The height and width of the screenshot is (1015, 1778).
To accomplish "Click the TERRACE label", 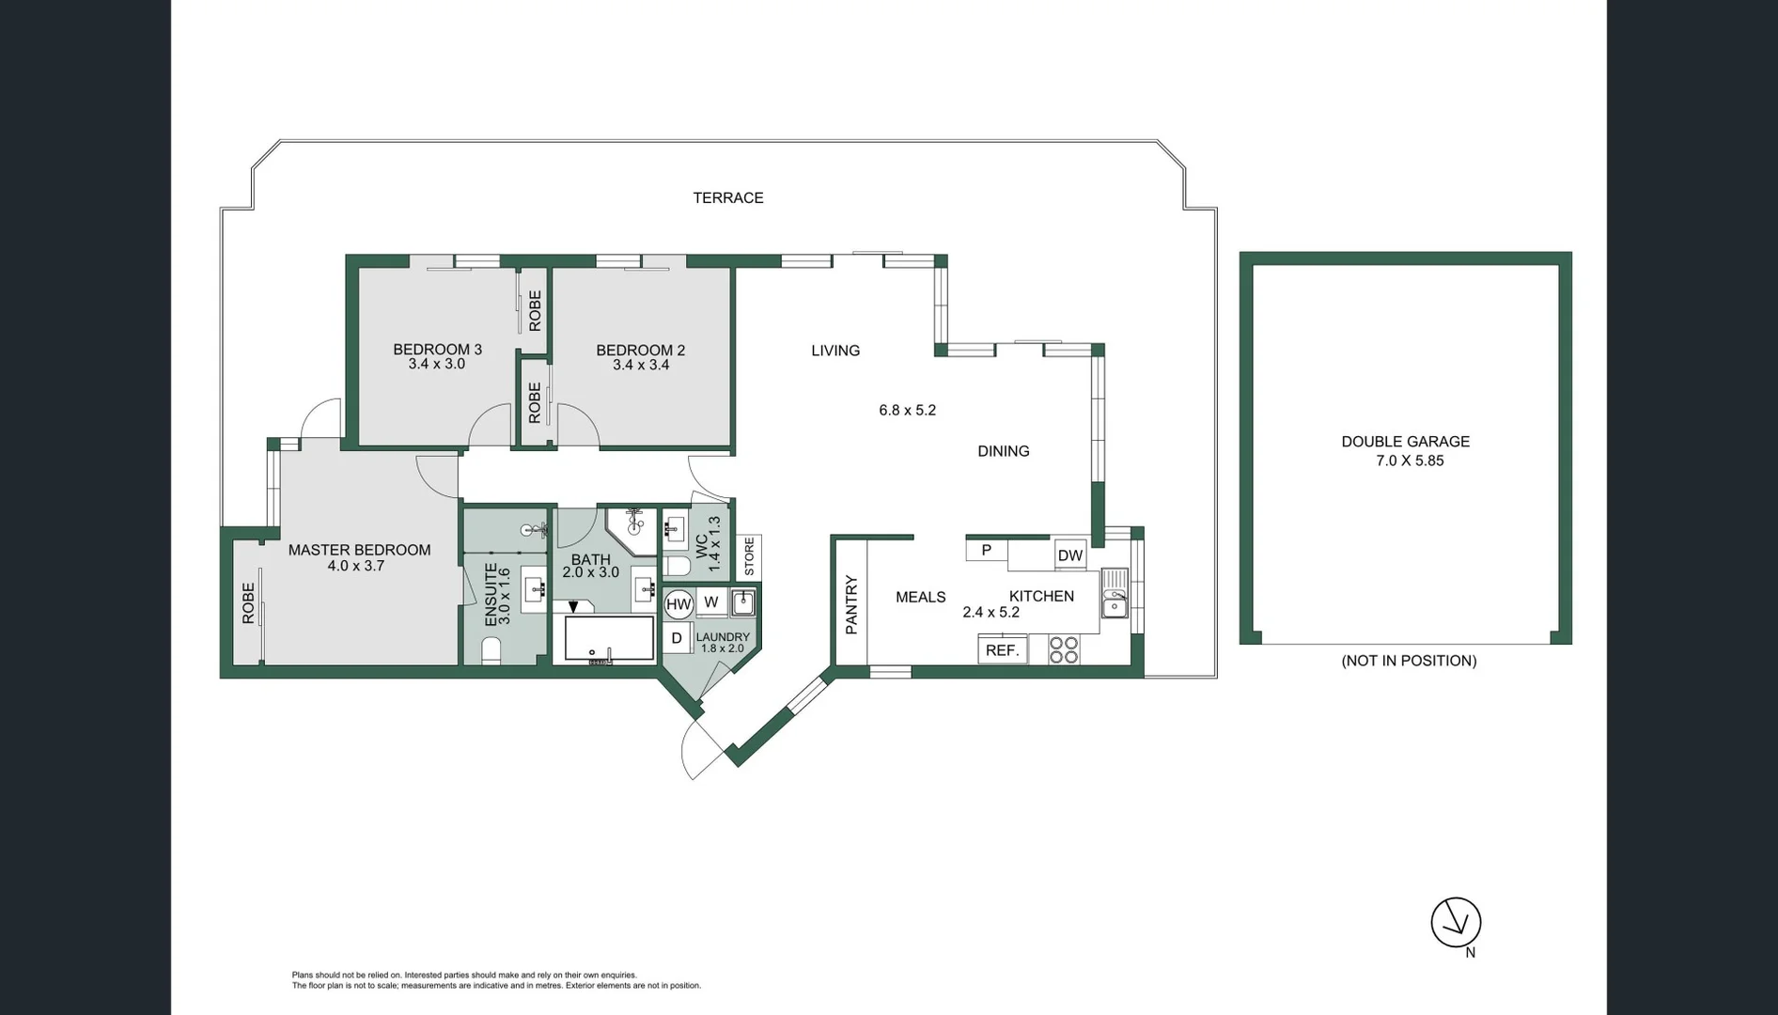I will pos(728,197).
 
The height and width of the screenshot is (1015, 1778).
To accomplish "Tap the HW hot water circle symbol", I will pos(678,604).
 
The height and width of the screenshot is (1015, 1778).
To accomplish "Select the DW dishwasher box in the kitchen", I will pos(1070,555).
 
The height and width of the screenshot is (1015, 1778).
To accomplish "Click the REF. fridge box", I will pos(1003,650).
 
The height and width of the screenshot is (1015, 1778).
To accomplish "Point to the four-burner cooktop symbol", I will pos(1064,650).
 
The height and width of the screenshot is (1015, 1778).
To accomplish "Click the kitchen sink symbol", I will pos(1115,594).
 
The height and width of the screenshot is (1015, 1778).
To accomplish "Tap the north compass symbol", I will pos(1456,922).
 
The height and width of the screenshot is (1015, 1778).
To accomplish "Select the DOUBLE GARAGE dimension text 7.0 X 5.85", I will pos(1405,461).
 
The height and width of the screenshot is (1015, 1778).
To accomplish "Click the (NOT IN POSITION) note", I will pos(1409,661).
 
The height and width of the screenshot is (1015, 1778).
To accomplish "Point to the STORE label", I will pos(749,556).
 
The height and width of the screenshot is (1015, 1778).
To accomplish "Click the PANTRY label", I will pos(851,604).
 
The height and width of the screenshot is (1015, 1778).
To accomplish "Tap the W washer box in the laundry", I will pos(710,602).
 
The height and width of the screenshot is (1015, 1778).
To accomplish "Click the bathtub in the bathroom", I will pos(609,639).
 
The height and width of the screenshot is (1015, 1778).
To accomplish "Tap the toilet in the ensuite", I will pos(491,650).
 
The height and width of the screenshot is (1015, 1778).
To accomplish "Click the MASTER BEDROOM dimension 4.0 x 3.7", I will pos(356,566).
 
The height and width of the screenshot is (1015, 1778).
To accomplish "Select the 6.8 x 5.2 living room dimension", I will pos(907,410).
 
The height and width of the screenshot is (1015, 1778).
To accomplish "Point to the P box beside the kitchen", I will pos(986,550).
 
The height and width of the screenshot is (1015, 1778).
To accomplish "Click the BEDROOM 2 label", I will pos(641,350).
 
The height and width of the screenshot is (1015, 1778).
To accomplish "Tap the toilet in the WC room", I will pos(676,565).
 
